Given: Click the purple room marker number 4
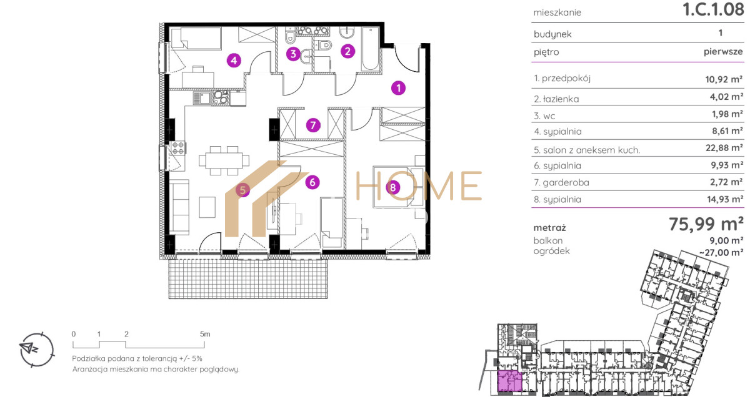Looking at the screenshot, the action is (x=234, y=61).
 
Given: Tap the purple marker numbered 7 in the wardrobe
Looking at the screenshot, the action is (x=313, y=125).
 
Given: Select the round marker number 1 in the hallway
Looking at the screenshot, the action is (x=399, y=88).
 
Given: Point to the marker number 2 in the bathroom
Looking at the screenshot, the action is (x=347, y=51).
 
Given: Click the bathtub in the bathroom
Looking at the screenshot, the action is (x=370, y=49).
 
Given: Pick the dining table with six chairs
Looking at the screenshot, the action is (x=224, y=160).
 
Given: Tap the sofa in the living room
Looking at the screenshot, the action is (x=179, y=207).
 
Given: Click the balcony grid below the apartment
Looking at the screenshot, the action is (x=248, y=279).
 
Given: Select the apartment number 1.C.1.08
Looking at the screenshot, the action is (x=713, y=9).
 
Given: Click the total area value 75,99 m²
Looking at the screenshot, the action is (x=706, y=223).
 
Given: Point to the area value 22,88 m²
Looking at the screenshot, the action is (x=724, y=147).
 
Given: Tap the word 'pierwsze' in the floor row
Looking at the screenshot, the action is (x=723, y=52).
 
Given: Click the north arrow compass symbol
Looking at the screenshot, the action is (x=36, y=350).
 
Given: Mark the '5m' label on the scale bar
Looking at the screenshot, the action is (x=205, y=334).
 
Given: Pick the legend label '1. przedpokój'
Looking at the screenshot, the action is (x=562, y=78).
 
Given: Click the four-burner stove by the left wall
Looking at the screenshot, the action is (x=177, y=148).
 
